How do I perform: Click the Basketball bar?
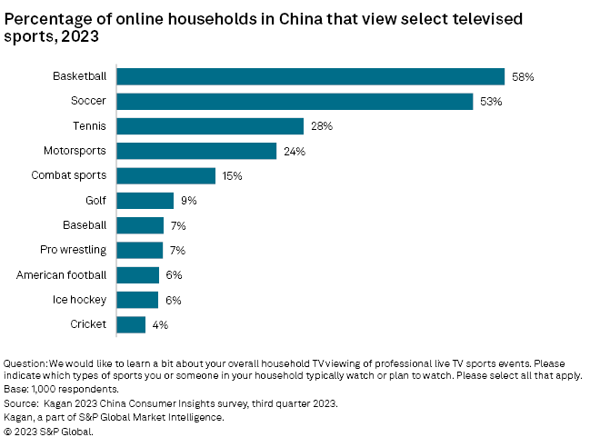pos(310,77)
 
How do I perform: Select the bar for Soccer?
pos(295,102)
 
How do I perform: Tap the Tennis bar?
pos(210,126)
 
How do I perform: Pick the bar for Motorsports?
pos(196,151)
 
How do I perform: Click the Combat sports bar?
pos(165,175)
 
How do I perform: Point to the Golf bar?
pos(145,201)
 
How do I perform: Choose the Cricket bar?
pos(131,324)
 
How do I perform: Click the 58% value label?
pos(522,77)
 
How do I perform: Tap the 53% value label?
pos(490,102)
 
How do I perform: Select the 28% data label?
pos(320,126)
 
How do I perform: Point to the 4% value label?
pos(160,324)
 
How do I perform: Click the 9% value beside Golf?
pos(188,201)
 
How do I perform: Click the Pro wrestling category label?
pos(74,250)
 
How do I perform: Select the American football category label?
pos(62,274)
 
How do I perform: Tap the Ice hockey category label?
pos(81,299)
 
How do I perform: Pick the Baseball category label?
pos(85,225)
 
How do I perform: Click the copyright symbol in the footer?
pos(9,432)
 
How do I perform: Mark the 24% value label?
pos(294,151)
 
